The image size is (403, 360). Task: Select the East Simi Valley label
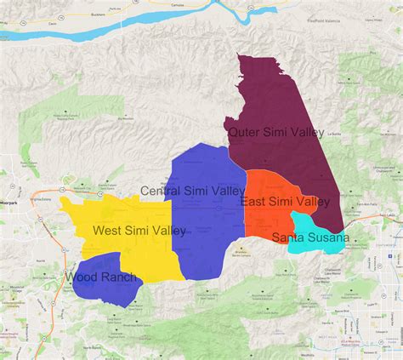tap(285, 202)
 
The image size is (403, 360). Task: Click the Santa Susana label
tap(309, 237)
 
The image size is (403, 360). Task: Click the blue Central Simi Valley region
tap(204, 221)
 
